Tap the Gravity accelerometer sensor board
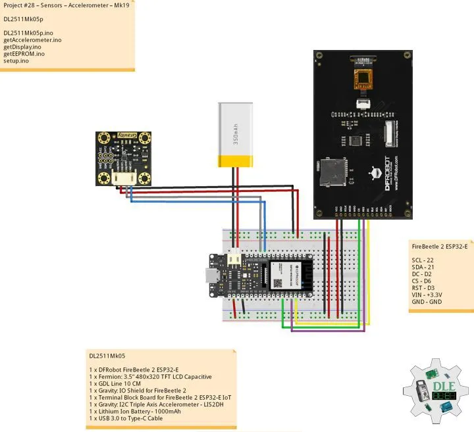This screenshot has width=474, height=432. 123,157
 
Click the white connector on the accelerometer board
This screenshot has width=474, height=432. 123,178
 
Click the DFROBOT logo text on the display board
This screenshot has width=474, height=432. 386,174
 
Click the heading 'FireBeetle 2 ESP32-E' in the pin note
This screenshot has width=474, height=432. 439,246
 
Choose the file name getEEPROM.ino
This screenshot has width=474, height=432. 24,54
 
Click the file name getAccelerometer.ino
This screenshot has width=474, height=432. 32,40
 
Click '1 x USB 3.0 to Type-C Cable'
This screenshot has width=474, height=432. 125,418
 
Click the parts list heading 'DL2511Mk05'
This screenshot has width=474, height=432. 107,355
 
